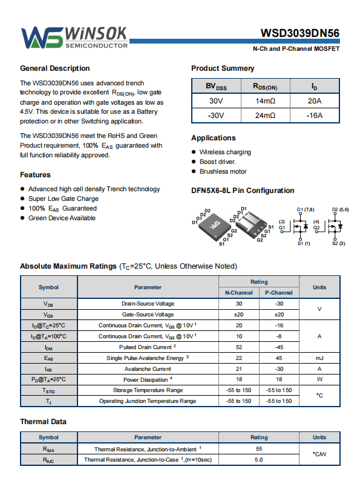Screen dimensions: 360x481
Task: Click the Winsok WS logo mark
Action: click(x=42, y=38)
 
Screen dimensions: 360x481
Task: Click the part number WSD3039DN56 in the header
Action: click(x=300, y=33)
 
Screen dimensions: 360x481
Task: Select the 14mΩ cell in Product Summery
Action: click(x=266, y=101)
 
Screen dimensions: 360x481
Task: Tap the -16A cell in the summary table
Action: click(x=315, y=116)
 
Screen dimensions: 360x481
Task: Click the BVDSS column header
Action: click(x=216, y=86)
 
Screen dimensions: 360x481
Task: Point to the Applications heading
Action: click(x=214, y=138)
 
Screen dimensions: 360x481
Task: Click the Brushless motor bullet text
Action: click(x=223, y=171)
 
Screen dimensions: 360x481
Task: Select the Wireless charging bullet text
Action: click(x=225, y=152)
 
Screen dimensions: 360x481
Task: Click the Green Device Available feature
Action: click(x=62, y=218)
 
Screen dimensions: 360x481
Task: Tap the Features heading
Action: click(x=35, y=175)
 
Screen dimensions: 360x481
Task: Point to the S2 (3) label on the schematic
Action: click(x=339, y=243)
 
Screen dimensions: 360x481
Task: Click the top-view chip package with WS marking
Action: click(x=215, y=226)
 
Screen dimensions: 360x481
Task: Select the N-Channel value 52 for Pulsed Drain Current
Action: click(x=239, y=347)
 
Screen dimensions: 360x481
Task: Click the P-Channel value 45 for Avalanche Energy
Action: click(x=279, y=358)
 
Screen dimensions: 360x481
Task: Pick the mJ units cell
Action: click(x=319, y=358)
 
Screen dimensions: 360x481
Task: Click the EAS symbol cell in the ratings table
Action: click(x=49, y=358)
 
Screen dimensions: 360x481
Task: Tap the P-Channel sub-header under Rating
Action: click(x=279, y=293)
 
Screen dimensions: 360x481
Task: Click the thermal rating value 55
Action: click(x=259, y=449)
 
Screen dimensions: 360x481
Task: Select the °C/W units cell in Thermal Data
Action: click(x=319, y=454)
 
